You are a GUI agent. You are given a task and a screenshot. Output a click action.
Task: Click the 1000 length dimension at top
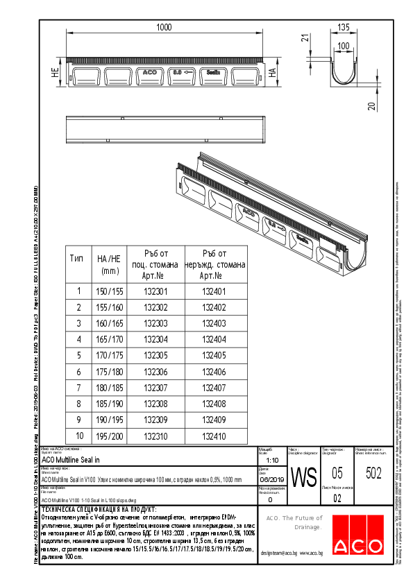tap(164, 27)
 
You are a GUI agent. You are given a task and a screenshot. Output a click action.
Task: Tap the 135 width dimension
tap(343, 28)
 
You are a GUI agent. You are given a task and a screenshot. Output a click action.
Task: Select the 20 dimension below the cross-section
tap(371, 105)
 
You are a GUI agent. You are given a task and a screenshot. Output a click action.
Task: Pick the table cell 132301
tap(155, 291)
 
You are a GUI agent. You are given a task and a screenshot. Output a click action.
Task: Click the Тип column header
tap(78, 258)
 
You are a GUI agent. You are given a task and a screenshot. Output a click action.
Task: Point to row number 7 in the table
tap(78, 388)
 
